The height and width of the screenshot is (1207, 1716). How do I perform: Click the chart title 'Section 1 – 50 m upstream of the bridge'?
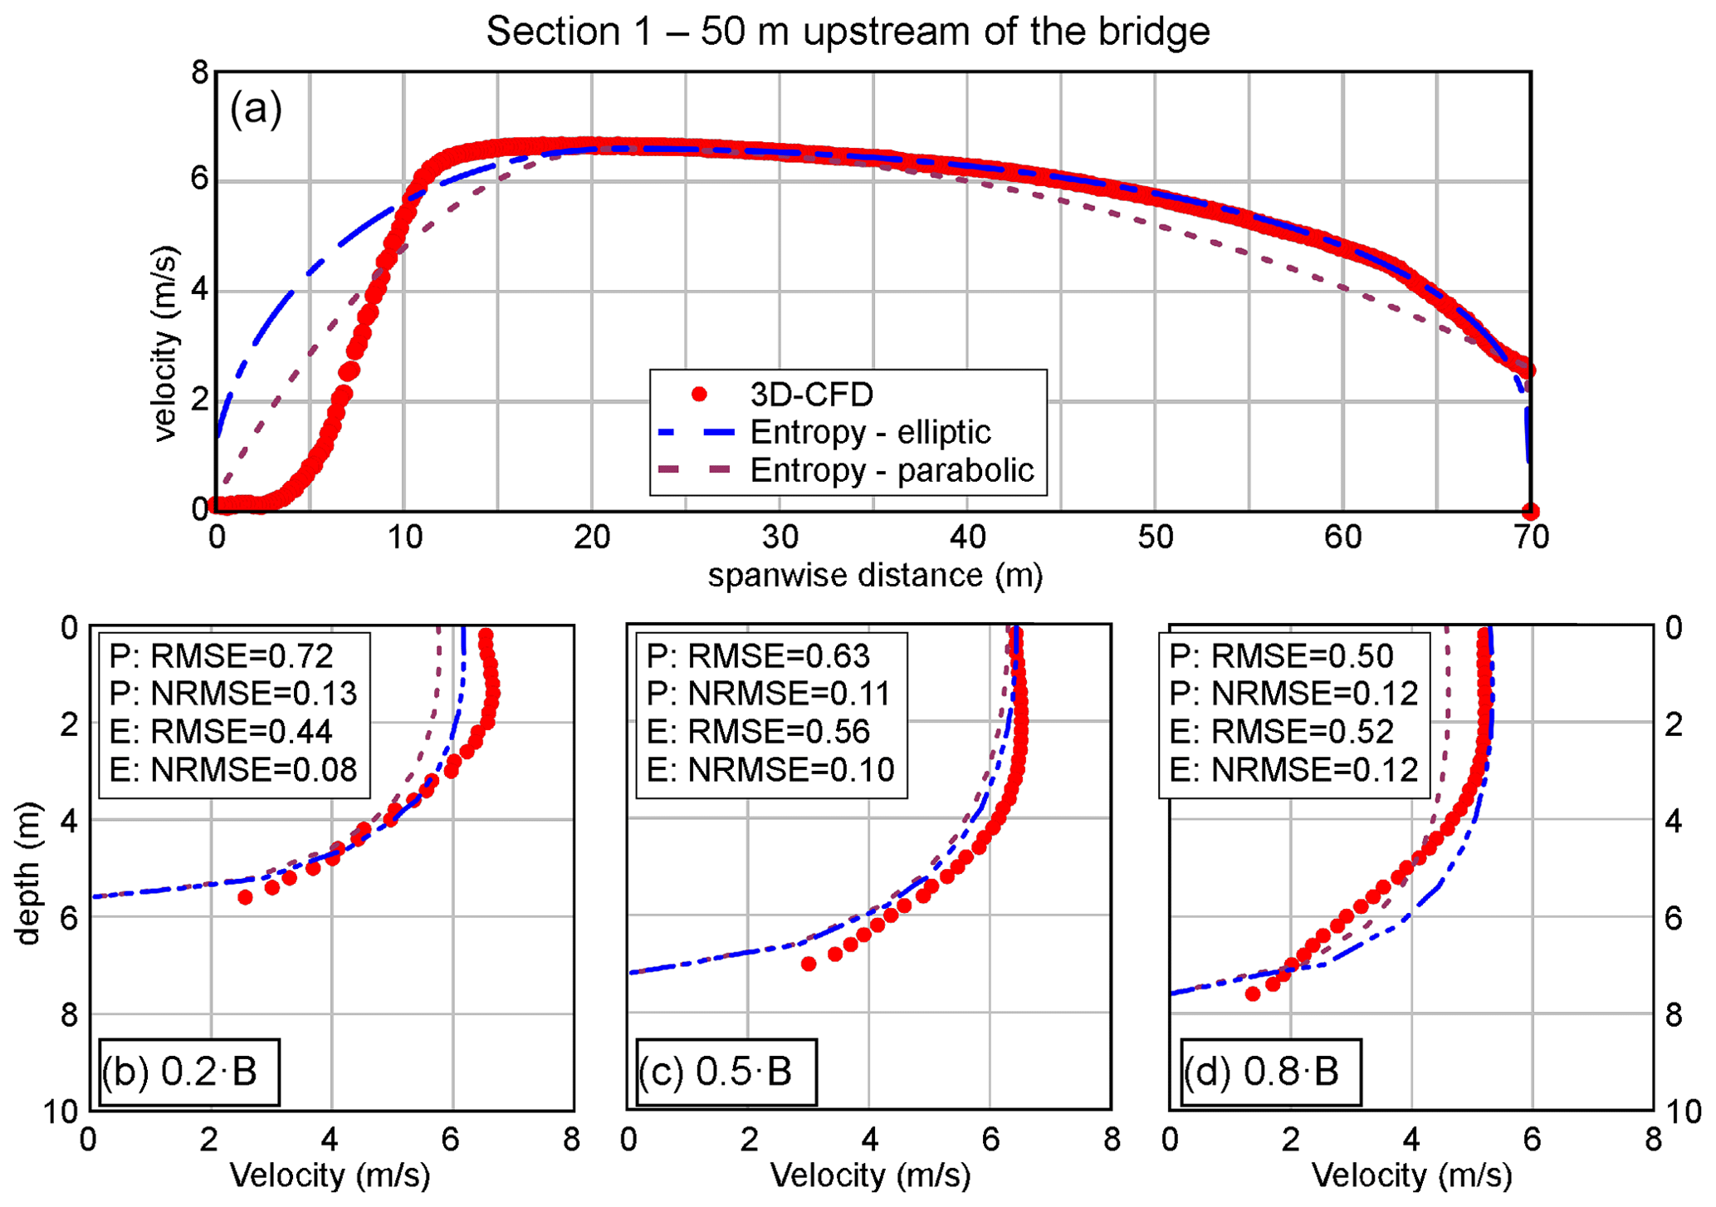[848, 32]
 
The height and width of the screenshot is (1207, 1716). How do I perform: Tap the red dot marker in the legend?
[700, 395]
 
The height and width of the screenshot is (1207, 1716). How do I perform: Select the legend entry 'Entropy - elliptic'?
[870, 432]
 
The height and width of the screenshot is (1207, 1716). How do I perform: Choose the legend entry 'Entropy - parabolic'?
[892, 470]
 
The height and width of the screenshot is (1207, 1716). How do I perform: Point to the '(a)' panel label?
[256, 109]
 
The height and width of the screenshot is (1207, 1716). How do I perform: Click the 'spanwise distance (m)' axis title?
[875, 575]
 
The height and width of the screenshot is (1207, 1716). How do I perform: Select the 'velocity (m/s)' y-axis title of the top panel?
[166, 344]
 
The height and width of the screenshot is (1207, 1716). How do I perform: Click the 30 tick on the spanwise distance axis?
[780, 537]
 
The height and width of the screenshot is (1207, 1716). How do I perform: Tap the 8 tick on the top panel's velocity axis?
[200, 73]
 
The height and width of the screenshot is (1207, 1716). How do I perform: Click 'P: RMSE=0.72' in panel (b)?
[222, 656]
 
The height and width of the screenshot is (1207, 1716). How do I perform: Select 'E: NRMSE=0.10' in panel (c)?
[770, 770]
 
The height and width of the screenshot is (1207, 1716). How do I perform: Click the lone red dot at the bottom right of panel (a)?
[1530, 512]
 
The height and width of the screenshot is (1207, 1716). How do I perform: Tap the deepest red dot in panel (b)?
[245, 897]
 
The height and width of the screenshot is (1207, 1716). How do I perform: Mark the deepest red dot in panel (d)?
[1253, 994]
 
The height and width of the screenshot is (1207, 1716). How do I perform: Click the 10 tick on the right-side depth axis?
[1683, 1111]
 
